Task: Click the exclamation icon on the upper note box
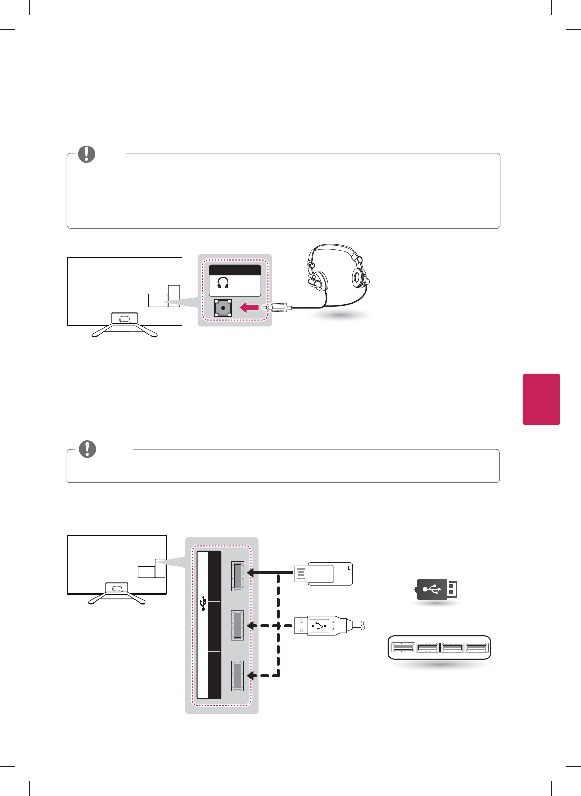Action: (86, 154)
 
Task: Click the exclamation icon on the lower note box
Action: (87, 449)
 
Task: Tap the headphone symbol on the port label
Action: (223, 283)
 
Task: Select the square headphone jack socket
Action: (223, 308)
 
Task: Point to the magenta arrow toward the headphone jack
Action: (249, 308)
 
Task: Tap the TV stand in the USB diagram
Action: (117, 593)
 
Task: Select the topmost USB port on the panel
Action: (237, 576)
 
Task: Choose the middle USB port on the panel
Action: (237, 625)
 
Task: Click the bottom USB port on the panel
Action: (237, 676)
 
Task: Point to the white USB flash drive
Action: (323, 573)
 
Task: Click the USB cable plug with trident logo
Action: (320, 625)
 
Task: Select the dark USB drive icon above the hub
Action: (436, 590)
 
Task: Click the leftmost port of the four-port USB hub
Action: (403, 648)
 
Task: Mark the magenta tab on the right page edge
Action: (541, 399)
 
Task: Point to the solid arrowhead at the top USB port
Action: (250, 573)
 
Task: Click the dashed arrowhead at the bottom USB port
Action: (250, 676)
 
